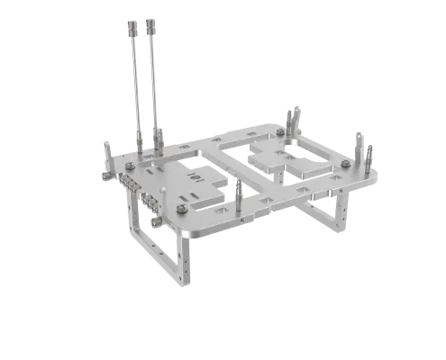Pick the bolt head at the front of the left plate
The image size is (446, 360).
[x=182, y=209]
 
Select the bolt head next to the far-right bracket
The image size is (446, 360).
[x=346, y=165]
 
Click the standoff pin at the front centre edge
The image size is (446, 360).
[x=239, y=192]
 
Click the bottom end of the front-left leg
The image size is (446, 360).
[x=187, y=279]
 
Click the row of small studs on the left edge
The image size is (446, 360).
[x=132, y=184]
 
